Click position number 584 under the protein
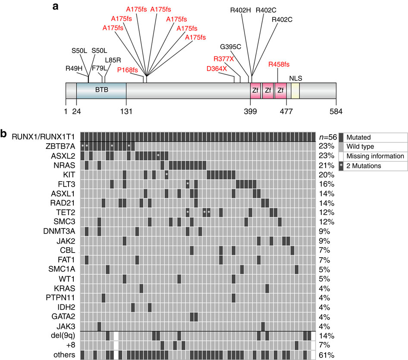click(336, 111)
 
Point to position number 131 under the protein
click(126, 111)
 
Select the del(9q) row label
click(62, 335)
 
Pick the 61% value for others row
click(323, 355)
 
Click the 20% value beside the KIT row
click(323, 175)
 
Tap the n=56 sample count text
click(324, 137)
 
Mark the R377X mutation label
click(223, 59)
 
